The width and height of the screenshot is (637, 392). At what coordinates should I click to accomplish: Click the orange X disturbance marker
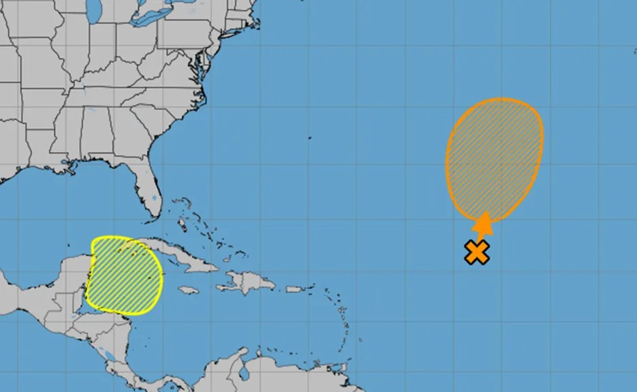pos(478,252)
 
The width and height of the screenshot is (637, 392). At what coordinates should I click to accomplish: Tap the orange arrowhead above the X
pos(483,223)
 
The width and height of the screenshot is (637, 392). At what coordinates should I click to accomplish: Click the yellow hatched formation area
pos(125,275)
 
